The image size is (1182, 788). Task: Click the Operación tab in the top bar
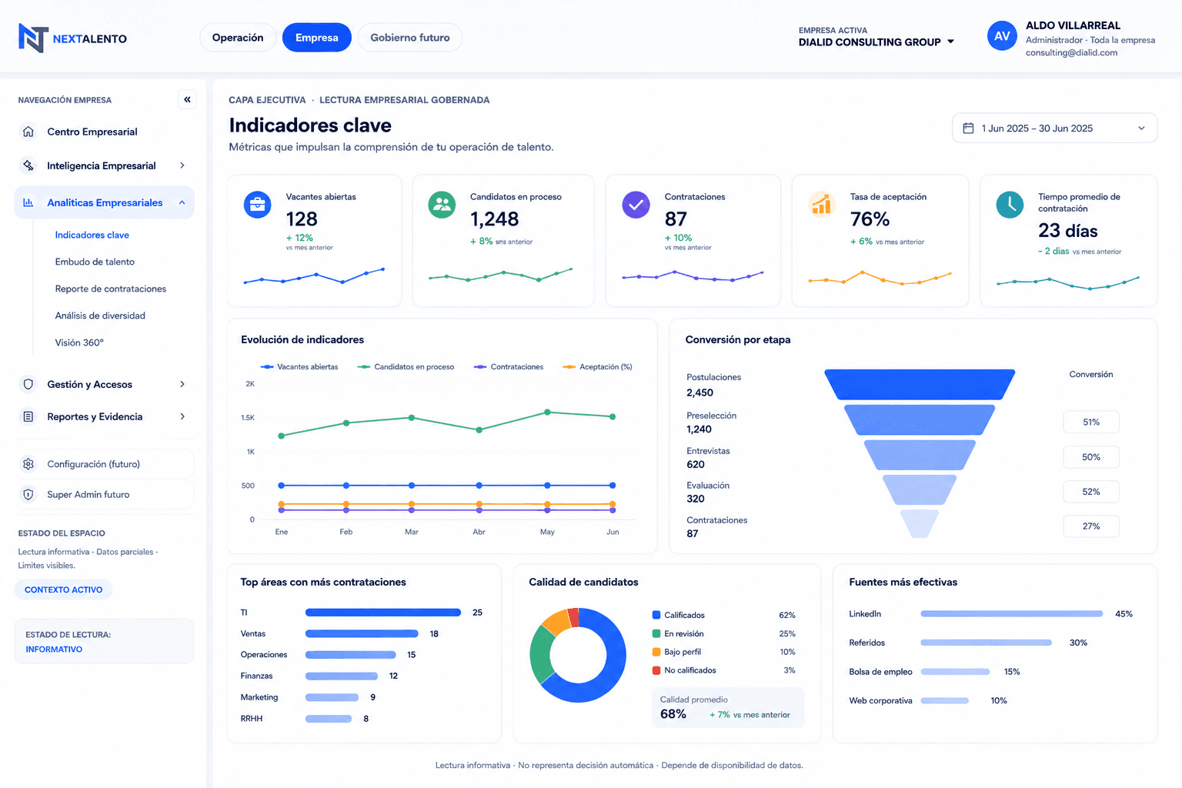click(x=238, y=38)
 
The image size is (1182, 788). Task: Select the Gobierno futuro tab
click(x=410, y=38)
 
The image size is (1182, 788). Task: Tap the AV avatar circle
click(x=1001, y=36)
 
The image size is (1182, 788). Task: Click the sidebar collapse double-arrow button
click(x=187, y=99)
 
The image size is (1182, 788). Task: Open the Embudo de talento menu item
click(x=95, y=262)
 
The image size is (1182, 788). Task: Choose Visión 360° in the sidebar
click(x=79, y=342)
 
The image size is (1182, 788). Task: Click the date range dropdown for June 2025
click(x=1054, y=129)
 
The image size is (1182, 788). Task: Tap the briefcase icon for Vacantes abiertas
click(x=258, y=205)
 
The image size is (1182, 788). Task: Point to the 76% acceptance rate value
click(x=870, y=219)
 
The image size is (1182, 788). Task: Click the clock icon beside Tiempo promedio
click(x=1010, y=205)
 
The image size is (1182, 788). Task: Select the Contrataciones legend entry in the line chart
click(x=509, y=367)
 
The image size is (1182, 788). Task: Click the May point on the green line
click(x=547, y=412)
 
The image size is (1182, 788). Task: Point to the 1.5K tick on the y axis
click(x=248, y=418)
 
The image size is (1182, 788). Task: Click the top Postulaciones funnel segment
click(x=920, y=384)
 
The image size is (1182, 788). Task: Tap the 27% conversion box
click(x=1090, y=526)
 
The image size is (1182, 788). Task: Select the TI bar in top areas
click(x=383, y=613)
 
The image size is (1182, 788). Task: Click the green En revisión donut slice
click(x=542, y=653)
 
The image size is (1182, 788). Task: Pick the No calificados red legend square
click(x=656, y=670)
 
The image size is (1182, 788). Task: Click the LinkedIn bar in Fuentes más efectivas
click(x=1012, y=614)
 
